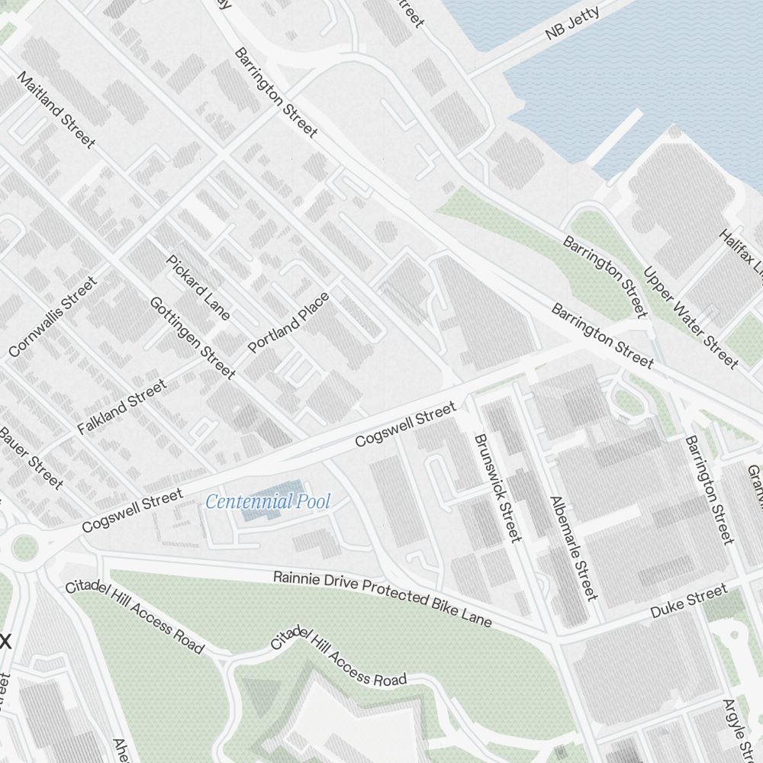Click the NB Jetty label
click(x=572, y=23)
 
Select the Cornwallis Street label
click(x=53, y=317)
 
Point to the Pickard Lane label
click(x=198, y=286)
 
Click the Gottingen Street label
click(x=192, y=337)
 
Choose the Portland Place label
click(x=289, y=322)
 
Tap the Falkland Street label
click(x=121, y=407)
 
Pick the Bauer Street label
click(x=31, y=457)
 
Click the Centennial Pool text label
click(x=268, y=502)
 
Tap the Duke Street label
click(x=688, y=602)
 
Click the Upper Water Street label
click(x=691, y=317)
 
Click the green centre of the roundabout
click(x=24, y=546)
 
